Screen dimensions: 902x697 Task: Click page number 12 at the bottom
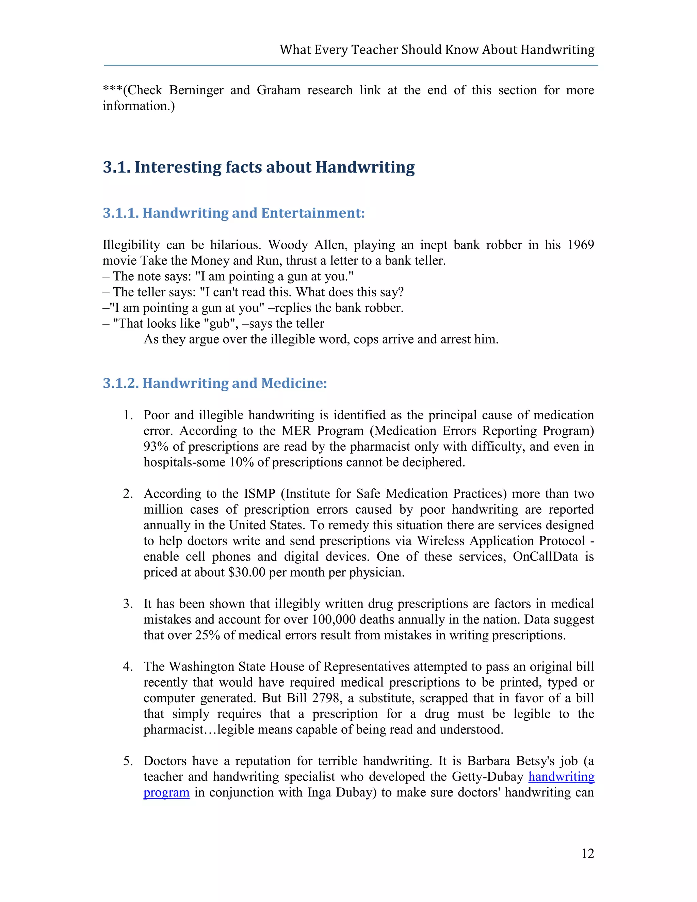click(587, 853)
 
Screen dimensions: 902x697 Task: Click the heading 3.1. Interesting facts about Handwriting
click(259, 167)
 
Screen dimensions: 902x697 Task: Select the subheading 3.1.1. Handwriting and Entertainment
click(233, 213)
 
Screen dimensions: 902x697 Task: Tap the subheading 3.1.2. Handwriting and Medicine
click(215, 383)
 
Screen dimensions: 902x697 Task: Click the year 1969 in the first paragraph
click(580, 245)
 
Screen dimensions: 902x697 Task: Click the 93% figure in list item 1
click(155, 447)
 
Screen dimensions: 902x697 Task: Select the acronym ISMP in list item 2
click(259, 494)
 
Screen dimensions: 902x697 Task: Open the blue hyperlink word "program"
click(166, 792)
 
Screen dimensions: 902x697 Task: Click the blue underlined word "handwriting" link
click(561, 777)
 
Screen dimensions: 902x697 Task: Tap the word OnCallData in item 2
click(545, 557)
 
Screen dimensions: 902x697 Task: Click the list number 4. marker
click(128, 666)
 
